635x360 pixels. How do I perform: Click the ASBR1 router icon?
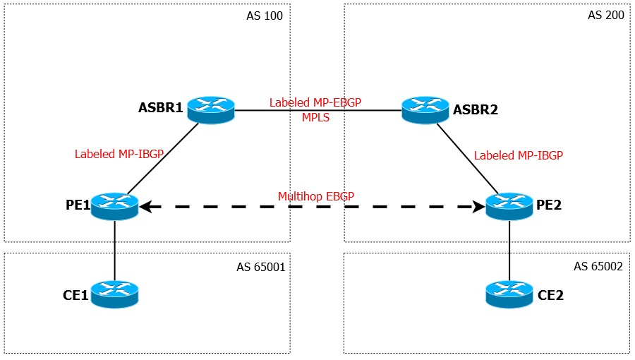pos(210,109)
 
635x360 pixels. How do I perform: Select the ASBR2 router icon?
pos(425,109)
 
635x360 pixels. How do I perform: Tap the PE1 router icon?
pos(114,206)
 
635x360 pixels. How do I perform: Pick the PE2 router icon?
pos(509,206)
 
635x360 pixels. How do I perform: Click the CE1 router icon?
pos(114,294)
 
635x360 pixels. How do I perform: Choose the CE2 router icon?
pos(509,294)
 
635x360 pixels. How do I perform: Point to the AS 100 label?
pos(265,16)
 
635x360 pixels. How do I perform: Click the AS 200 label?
pos(606,15)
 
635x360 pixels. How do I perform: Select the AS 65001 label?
pos(261,267)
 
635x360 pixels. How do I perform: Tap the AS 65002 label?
pos(598,266)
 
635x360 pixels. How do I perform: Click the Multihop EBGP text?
pos(316,196)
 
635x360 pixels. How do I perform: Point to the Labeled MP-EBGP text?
pos(315,102)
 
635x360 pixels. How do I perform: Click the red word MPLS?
pos(315,117)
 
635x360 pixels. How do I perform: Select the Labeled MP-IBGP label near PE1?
pos(119,154)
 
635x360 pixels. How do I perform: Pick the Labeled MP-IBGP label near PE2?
pos(519,155)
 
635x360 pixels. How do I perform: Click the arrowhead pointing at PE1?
pos(145,207)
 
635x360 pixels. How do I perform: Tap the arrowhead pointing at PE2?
pos(479,207)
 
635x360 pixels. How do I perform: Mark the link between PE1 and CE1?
pos(114,251)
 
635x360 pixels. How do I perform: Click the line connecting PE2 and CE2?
pos(509,251)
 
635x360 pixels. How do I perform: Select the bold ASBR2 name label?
pos(475,109)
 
